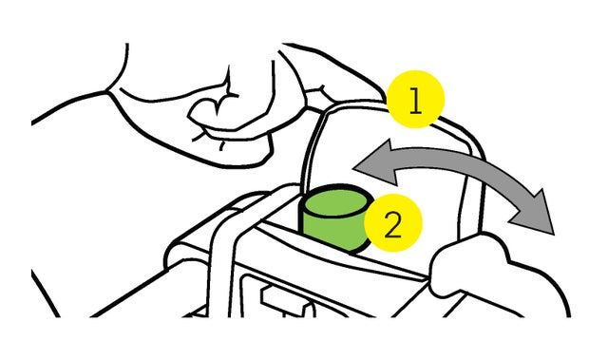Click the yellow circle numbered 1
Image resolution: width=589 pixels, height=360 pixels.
point(415,99)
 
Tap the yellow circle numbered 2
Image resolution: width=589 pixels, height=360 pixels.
point(393,223)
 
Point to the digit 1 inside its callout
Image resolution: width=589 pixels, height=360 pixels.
point(415,101)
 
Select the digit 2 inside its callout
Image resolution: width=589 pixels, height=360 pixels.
point(393,224)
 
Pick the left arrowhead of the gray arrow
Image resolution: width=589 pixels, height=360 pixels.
point(375,162)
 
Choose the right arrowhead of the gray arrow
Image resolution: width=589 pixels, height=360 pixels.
point(534,213)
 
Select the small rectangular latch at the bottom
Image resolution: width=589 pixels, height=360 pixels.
point(286,299)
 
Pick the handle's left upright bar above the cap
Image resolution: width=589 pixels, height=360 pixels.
point(311,150)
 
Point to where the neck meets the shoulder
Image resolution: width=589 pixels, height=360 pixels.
point(107,91)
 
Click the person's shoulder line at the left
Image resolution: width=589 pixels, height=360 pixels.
point(67,105)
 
